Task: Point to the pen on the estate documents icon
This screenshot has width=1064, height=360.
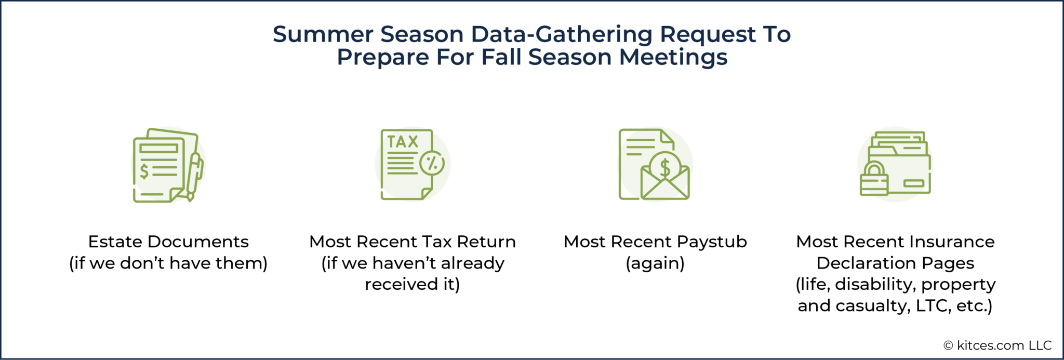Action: tap(194, 174)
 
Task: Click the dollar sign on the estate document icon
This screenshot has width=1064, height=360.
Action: tap(144, 170)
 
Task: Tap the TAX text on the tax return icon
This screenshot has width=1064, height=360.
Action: tap(403, 142)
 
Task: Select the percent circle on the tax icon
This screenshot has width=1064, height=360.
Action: tap(432, 163)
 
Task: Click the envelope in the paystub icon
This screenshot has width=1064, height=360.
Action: tap(665, 184)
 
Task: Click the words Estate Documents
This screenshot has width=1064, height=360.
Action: tap(168, 242)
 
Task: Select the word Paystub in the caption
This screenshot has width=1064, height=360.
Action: tap(712, 242)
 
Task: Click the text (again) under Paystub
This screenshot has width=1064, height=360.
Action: tap(655, 263)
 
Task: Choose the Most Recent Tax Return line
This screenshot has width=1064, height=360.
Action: tap(413, 242)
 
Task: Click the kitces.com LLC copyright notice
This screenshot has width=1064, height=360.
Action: tap(997, 345)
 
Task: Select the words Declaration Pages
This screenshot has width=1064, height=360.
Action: tap(895, 263)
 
